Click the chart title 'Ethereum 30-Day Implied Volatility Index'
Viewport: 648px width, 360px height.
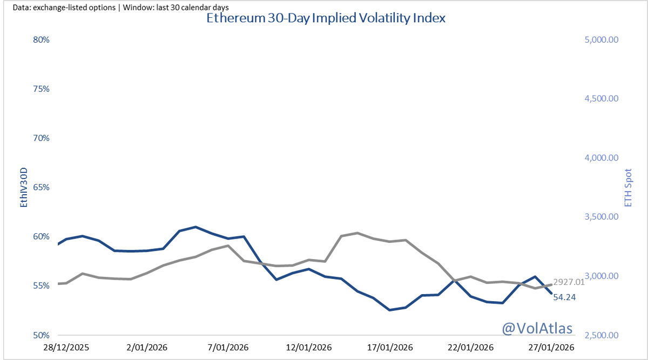[x=326, y=18]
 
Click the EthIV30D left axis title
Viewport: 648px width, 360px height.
[x=23, y=187]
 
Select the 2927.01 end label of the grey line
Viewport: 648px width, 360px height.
[x=570, y=282]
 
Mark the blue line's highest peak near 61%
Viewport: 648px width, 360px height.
[x=195, y=227]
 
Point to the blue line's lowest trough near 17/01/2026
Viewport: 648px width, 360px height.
[x=389, y=310]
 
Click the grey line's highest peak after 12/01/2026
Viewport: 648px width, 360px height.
[x=357, y=233]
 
